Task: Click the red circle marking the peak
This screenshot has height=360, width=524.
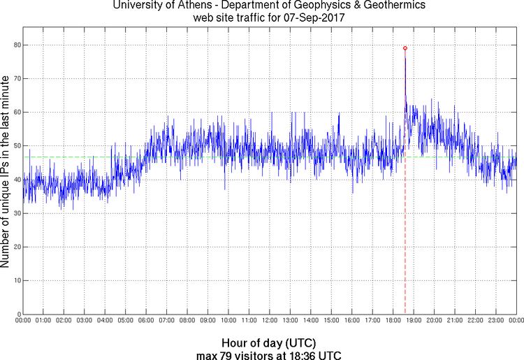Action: (x=405, y=48)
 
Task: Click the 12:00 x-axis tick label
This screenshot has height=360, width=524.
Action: (x=269, y=321)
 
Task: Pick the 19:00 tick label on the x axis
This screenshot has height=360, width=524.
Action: (x=413, y=321)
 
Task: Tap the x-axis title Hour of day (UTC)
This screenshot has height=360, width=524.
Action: (x=269, y=343)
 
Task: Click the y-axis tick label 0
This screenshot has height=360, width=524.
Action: (x=17, y=315)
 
